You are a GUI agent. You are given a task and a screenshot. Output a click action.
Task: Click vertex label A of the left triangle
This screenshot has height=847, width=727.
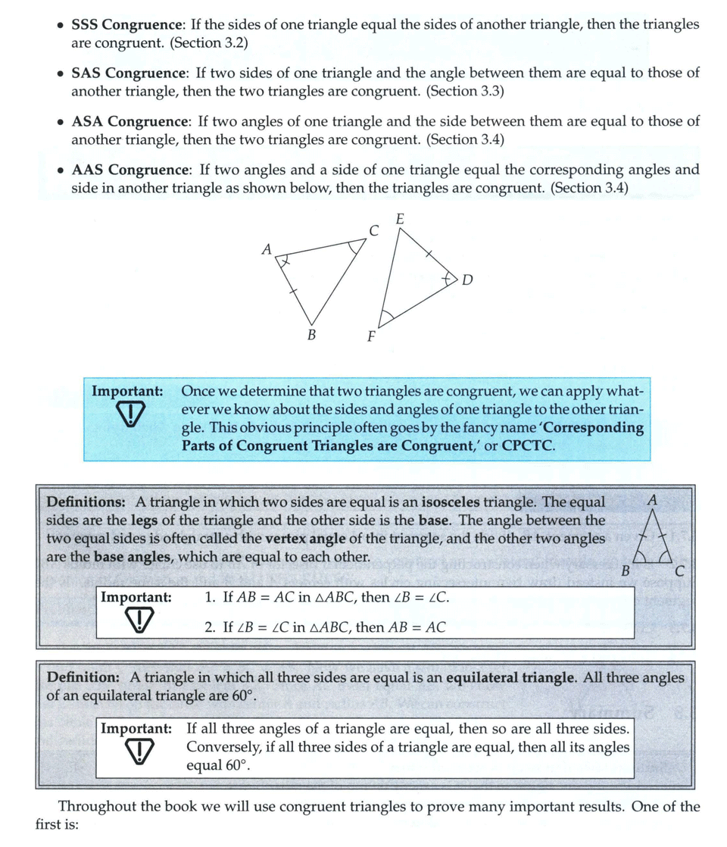coord(266,248)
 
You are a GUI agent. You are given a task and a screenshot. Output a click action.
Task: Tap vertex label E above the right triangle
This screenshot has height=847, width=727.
coord(400,219)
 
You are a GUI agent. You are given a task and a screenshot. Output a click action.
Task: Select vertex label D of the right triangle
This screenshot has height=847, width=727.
coord(466,280)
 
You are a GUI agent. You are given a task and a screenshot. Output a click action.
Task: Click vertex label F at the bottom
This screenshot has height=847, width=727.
coord(371,337)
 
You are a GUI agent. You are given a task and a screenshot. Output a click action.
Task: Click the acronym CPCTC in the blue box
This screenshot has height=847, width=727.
coord(528,445)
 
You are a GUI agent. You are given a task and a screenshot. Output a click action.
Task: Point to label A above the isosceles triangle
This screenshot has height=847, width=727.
coord(653,501)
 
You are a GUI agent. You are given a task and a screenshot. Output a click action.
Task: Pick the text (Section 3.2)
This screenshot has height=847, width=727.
coord(210,43)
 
